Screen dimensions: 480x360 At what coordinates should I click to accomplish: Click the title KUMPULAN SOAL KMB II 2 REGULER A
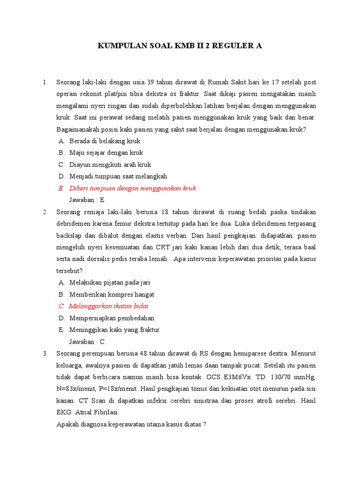click(x=180, y=46)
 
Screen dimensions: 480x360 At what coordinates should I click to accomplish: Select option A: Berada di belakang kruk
click(x=105, y=141)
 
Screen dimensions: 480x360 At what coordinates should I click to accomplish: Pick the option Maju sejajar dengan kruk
click(x=106, y=152)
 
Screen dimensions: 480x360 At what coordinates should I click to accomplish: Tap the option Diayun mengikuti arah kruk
click(x=110, y=165)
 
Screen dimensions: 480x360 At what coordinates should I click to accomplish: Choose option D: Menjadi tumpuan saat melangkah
click(x=118, y=176)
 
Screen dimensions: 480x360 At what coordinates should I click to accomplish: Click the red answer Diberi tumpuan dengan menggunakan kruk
click(x=132, y=188)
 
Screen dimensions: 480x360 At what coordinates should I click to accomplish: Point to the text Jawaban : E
click(x=87, y=200)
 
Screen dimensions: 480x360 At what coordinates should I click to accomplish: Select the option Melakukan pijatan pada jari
click(x=110, y=283)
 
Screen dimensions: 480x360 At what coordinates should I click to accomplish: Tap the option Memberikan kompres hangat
click(x=112, y=294)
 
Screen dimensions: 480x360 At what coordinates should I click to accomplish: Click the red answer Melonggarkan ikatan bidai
click(x=108, y=306)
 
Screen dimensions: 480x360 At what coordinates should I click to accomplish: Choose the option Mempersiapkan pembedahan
click(x=112, y=318)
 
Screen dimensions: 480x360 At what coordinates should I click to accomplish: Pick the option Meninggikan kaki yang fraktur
click(x=114, y=330)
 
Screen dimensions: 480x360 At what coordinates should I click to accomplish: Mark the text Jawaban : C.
click(x=88, y=341)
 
